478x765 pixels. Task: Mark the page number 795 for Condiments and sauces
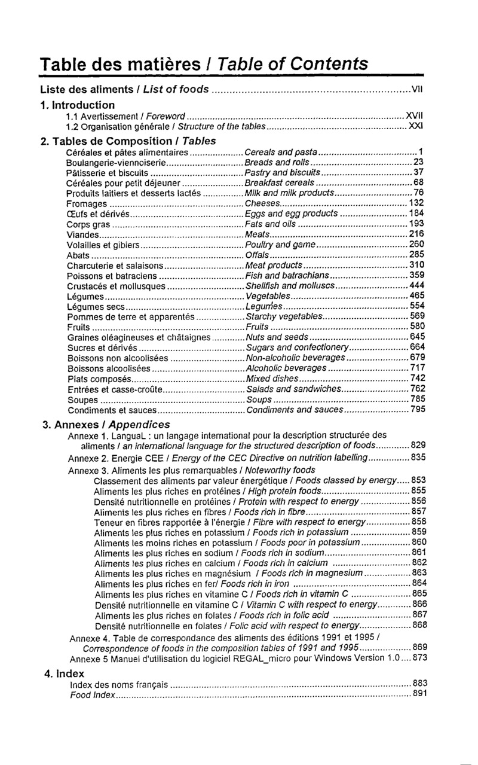click(x=417, y=410)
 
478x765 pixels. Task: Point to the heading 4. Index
click(x=65, y=672)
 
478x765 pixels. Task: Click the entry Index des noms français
click(x=119, y=683)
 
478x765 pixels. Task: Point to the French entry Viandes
click(x=84, y=234)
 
